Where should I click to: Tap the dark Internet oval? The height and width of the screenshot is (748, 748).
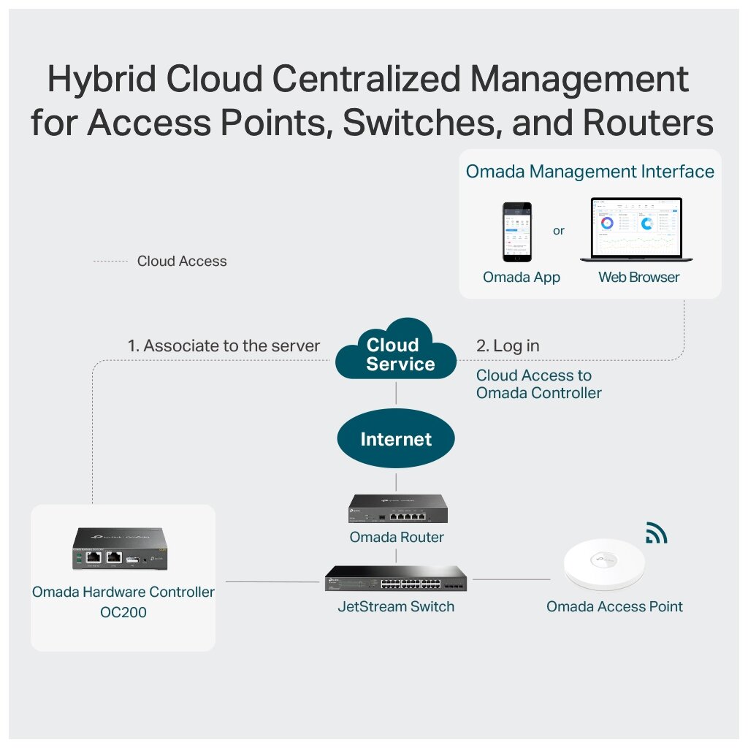point(396,439)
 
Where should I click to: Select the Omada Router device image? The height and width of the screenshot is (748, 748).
point(397,509)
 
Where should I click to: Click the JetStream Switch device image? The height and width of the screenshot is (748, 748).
point(396,579)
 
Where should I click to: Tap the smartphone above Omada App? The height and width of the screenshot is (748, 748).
point(517,232)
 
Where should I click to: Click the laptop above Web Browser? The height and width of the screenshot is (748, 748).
point(636,229)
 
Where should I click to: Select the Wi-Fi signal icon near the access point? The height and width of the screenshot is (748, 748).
point(656,534)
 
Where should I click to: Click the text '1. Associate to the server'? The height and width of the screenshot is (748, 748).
point(224,346)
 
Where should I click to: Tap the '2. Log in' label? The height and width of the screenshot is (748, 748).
point(508,346)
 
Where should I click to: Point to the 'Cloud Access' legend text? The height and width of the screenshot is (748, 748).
point(182,261)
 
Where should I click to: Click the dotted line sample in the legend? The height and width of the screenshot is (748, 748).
point(110,261)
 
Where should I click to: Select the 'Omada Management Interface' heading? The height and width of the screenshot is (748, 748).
point(589,172)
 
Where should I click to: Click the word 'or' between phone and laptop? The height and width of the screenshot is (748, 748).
point(559,231)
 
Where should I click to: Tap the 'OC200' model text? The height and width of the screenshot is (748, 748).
point(123,612)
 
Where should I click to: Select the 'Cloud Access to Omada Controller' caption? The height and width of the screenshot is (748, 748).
point(538,384)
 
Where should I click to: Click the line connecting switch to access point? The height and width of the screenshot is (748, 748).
point(508,579)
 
